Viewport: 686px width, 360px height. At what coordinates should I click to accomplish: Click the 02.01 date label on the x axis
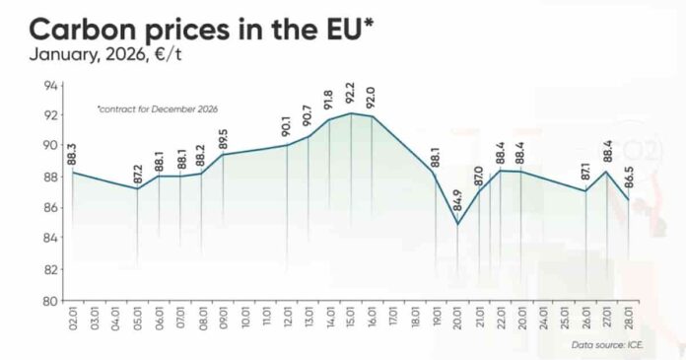tap(73, 321)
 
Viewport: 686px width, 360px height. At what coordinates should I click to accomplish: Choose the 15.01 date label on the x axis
tap(351, 321)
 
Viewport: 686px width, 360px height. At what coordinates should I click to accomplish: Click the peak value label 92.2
tap(351, 93)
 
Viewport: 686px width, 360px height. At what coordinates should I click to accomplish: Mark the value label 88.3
tap(73, 153)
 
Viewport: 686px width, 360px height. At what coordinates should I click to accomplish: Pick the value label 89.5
tap(223, 135)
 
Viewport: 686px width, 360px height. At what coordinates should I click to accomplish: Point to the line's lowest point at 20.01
tap(457, 225)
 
